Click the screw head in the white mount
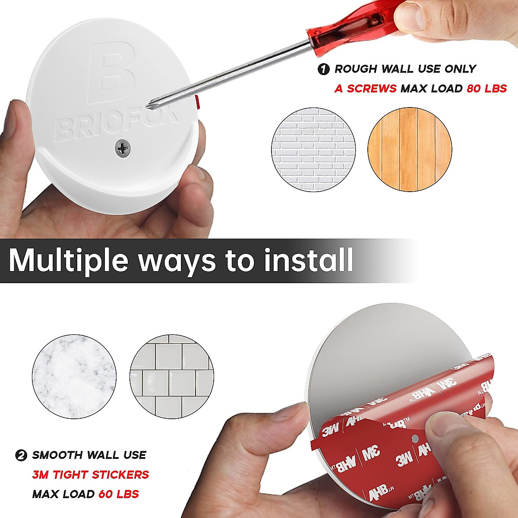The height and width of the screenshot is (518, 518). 123,148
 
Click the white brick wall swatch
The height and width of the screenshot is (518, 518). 313,150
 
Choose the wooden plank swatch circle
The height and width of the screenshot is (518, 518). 410,150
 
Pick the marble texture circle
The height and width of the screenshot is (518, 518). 74,376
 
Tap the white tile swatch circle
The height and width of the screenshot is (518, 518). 172,376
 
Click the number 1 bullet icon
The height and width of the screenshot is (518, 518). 323,69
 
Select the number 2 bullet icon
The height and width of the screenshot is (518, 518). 21,455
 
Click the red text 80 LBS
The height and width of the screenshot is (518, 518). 486,88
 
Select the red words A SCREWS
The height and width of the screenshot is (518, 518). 365,88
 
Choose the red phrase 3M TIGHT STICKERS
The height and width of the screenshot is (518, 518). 90,475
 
